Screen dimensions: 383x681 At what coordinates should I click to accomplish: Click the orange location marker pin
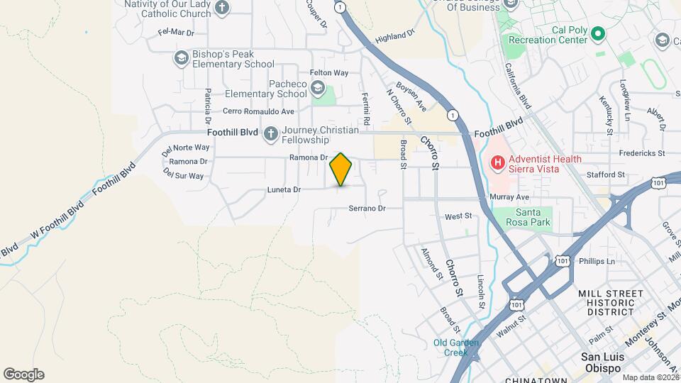(x=341, y=169)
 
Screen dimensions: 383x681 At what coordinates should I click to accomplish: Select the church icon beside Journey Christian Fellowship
(x=270, y=133)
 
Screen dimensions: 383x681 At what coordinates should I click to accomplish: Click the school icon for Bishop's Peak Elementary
(x=181, y=57)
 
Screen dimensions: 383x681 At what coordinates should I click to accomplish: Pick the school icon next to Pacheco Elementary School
(x=317, y=89)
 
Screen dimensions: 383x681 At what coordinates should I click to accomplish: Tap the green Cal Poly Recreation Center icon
(x=597, y=33)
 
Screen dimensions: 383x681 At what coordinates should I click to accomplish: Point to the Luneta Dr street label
(x=284, y=189)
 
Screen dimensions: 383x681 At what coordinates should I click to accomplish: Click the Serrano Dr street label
(x=367, y=209)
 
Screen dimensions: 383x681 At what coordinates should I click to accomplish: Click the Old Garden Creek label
(x=457, y=348)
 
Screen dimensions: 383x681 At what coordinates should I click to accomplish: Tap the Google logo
(x=23, y=374)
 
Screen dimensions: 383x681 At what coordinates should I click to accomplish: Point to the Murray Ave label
(x=509, y=196)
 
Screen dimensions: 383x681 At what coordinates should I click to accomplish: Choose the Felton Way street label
(x=329, y=73)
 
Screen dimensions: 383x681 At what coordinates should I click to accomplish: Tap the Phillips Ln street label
(x=597, y=261)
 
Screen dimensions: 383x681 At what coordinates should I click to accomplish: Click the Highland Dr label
(x=394, y=36)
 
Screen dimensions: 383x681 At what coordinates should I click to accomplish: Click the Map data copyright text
(x=648, y=377)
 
